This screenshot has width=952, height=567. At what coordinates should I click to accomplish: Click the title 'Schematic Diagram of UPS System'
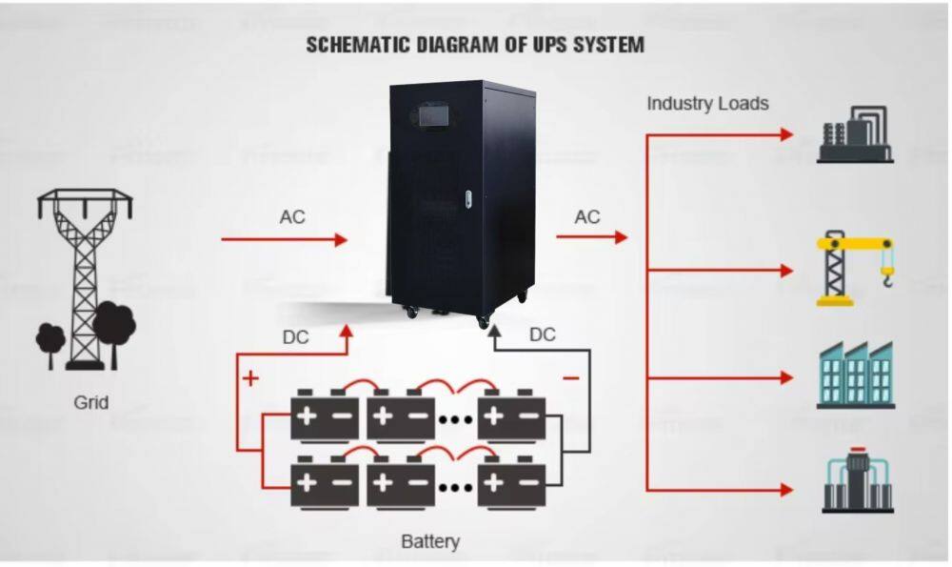pos(475,44)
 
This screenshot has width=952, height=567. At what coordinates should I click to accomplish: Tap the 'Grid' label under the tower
pos(91,402)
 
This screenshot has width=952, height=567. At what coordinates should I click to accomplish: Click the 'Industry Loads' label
pos(707,103)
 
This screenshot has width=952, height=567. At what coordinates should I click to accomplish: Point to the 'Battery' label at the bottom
pos(430,541)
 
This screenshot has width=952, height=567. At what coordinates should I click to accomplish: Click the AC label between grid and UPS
pos(292,217)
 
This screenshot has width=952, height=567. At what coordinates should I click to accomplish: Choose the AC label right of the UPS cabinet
pos(587,217)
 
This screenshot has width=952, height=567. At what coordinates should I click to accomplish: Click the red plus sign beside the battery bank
pos(250,378)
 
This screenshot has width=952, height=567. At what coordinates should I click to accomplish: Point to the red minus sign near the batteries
pos(571,378)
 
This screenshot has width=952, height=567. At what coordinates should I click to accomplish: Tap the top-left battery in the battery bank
pos(325,416)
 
